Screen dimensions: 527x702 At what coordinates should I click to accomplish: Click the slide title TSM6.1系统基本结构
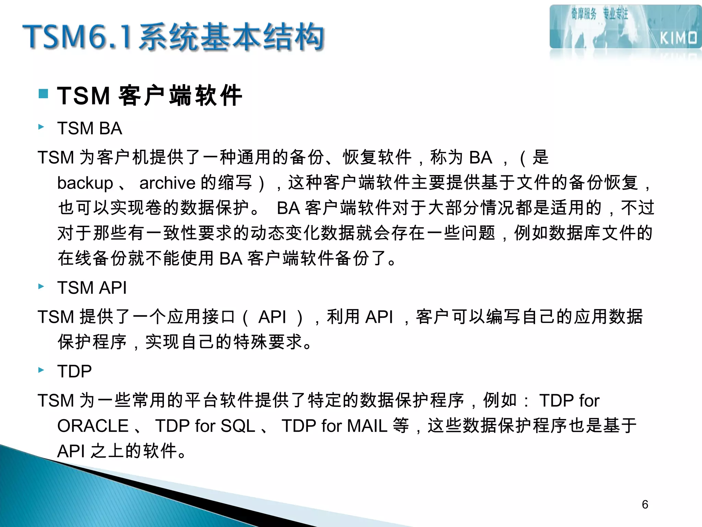[173, 37]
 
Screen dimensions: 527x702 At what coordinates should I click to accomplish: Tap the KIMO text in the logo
[678, 38]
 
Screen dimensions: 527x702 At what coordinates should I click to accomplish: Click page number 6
[645, 504]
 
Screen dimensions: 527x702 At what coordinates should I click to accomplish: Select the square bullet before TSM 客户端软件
[43, 94]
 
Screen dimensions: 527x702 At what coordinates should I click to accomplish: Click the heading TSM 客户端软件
[150, 96]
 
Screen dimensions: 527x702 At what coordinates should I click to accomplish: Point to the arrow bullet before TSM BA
[41, 127]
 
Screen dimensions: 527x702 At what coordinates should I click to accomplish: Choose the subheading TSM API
[92, 288]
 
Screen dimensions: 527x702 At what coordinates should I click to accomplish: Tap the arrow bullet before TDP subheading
[41, 370]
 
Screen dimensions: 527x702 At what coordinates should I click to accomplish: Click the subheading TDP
[74, 371]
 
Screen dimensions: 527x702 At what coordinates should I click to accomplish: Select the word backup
[85, 183]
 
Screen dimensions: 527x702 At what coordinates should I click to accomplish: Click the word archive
[167, 183]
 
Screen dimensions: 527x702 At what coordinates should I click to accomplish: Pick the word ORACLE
[93, 426]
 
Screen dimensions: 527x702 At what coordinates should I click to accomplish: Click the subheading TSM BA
[90, 128]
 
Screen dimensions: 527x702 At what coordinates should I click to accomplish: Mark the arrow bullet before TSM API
[41, 286]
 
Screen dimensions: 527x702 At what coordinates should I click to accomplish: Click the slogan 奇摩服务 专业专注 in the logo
[599, 14]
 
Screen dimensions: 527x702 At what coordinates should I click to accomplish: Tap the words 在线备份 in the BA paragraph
[92, 258]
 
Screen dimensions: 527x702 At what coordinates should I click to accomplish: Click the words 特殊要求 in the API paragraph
[268, 342]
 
